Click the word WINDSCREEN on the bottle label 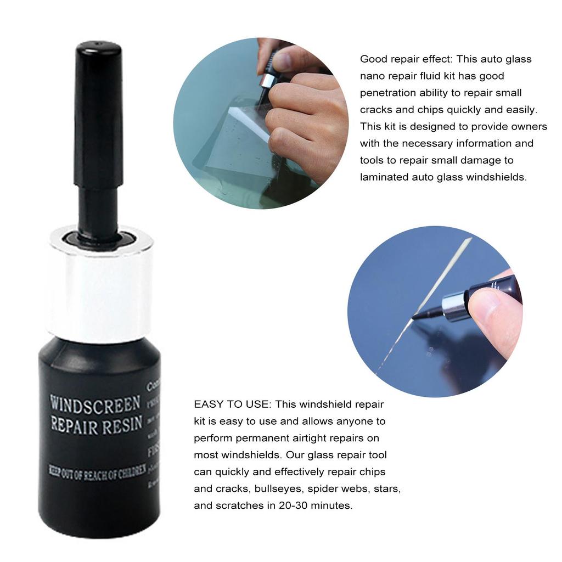pyautogui.click(x=95, y=404)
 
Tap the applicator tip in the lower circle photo pyautogui.click(x=421, y=314)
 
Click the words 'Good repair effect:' pyautogui.click(x=406, y=59)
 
